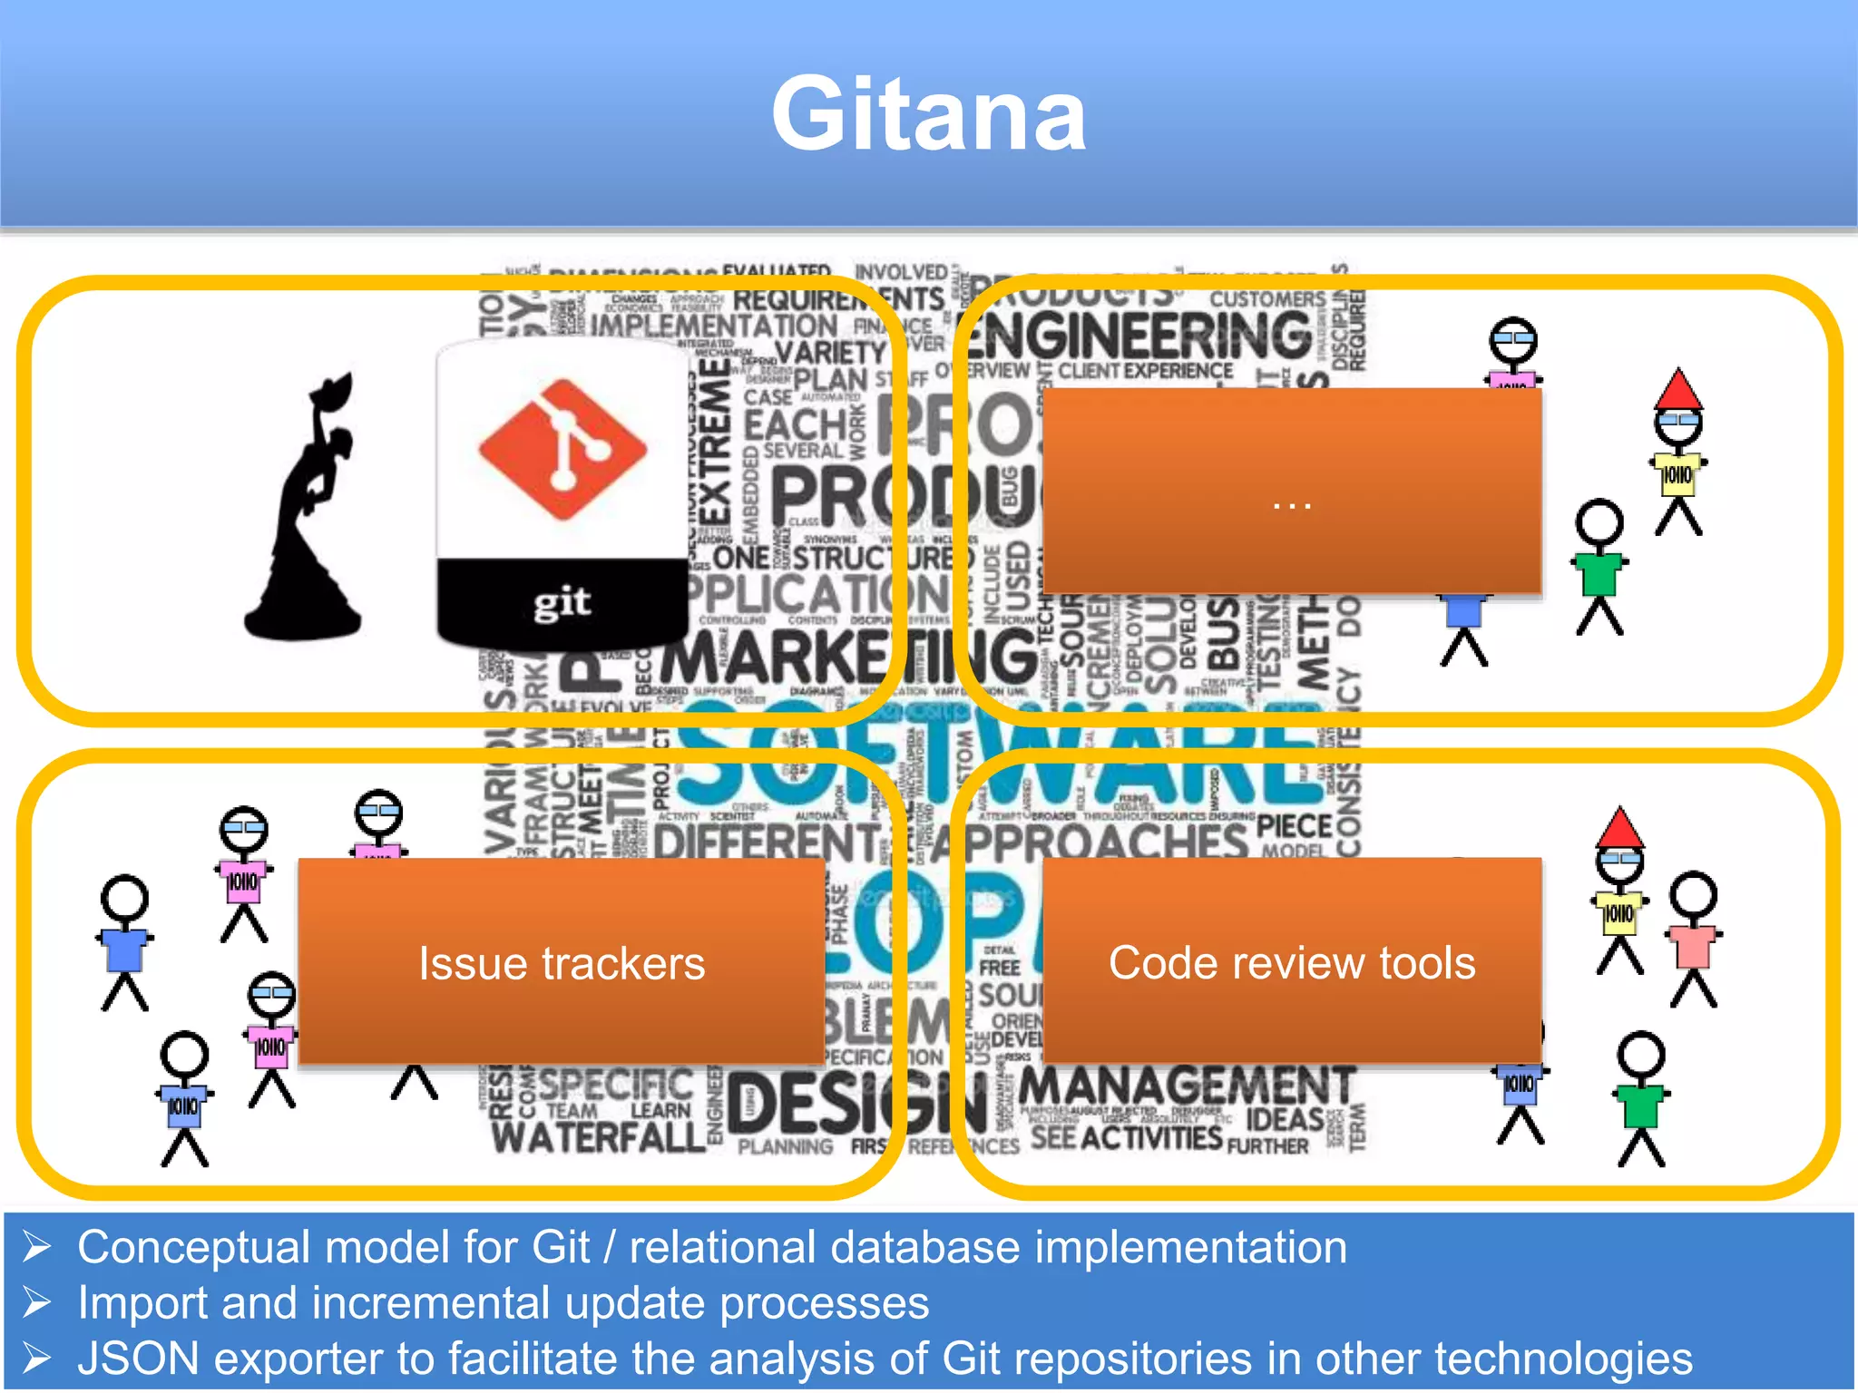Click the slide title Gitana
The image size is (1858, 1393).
coord(928,115)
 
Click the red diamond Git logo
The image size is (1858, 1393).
coord(562,449)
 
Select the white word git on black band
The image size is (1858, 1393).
coord(562,601)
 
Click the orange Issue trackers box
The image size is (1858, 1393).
coord(562,961)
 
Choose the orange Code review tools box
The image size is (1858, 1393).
coord(1292,961)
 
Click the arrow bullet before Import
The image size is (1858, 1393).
coord(37,1303)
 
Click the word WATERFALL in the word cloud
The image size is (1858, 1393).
coord(599,1136)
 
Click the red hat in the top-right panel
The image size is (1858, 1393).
coord(1678,389)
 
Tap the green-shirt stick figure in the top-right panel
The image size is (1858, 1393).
coord(1599,567)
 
